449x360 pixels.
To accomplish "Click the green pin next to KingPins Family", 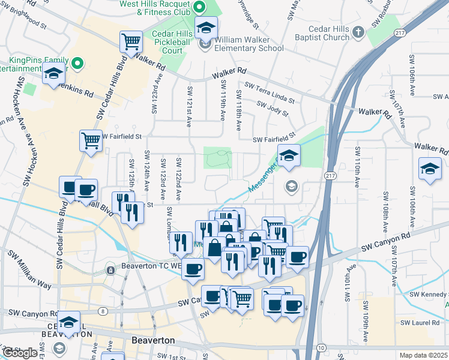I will pos(77,62).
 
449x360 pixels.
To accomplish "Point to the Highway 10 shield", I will pos(322,349).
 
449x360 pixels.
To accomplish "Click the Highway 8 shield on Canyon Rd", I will pos(103,311).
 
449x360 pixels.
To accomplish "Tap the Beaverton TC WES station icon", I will pos(110,271).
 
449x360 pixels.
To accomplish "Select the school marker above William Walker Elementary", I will pos(206,28).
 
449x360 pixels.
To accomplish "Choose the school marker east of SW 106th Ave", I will pos(430,169).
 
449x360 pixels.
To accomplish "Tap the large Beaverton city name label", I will pos(152,340).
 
